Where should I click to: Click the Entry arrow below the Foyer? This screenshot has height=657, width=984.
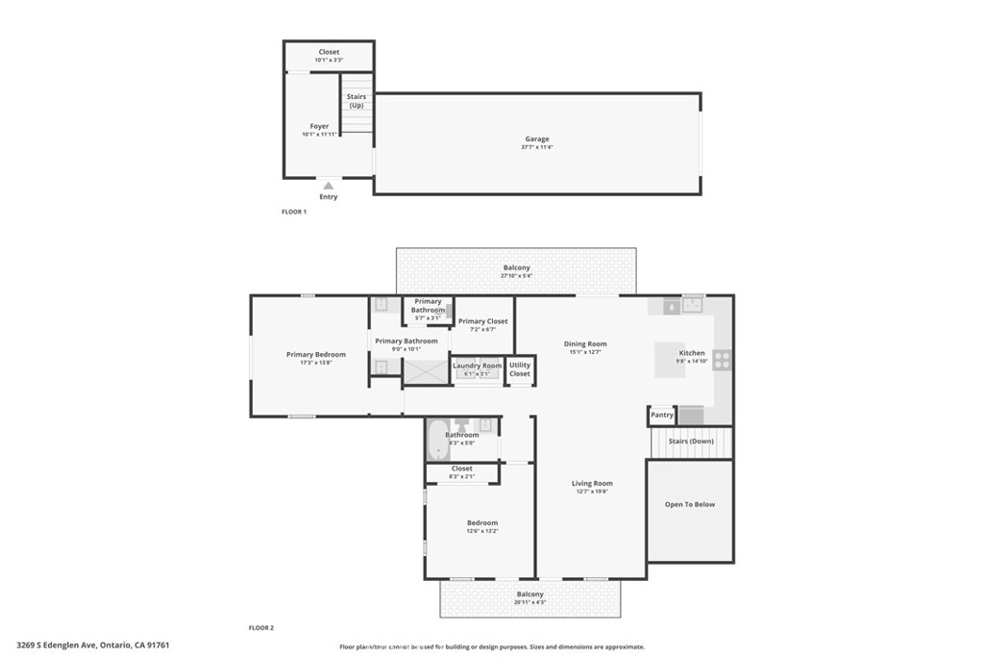pyautogui.click(x=329, y=186)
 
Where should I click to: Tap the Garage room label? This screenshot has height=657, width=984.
pyautogui.click(x=536, y=139)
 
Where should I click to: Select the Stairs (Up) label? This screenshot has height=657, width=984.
pyautogui.click(x=357, y=100)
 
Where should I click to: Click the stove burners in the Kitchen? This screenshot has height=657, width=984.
pyautogui.click(x=721, y=360)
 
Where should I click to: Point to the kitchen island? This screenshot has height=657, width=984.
pyautogui.click(x=671, y=360)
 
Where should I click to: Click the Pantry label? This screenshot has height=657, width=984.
pyautogui.click(x=661, y=416)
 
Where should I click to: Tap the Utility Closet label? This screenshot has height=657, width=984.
pyautogui.click(x=520, y=369)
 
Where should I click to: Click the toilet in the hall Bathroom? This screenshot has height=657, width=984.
pyautogui.click(x=462, y=424)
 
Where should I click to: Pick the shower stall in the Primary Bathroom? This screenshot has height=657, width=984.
pyautogui.click(x=420, y=370)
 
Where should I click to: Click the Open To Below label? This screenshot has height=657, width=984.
pyautogui.click(x=690, y=504)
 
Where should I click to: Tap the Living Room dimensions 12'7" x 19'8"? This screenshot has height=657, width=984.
pyautogui.click(x=592, y=492)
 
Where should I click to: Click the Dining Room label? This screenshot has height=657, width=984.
pyautogui.click(x=584, y=343)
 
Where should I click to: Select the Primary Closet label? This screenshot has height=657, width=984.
pyautogui.click(x=483, y=321)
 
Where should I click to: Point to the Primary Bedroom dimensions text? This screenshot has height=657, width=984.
pyautogui.click(x=315, y=363)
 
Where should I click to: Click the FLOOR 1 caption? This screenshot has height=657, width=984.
pyautogui.click(x=293, y=212)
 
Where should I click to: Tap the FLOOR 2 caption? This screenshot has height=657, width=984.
pyautogui.click(x=261, y=627)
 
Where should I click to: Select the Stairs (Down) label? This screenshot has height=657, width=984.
pyautogui.click(x=691, y=441)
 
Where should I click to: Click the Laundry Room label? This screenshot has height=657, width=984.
pyautogui.click(x=478, y=366)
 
